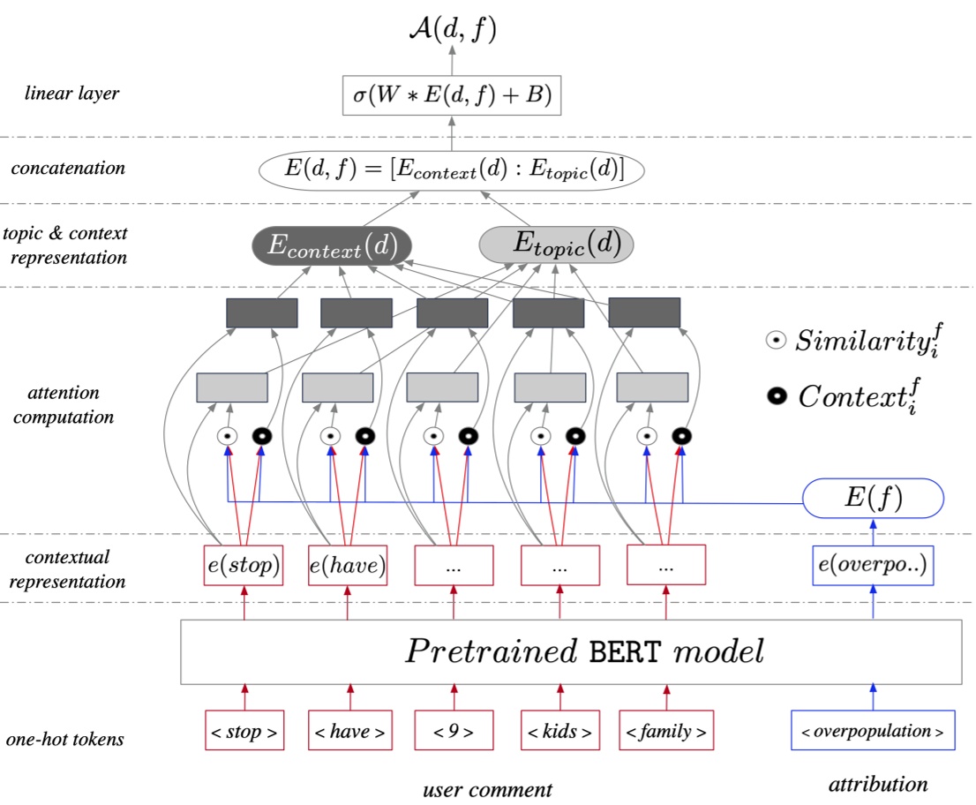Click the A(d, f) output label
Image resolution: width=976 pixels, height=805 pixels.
coord(453,28)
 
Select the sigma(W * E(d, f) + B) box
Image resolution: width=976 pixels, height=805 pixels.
coord(452,95)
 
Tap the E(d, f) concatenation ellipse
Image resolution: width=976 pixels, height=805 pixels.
coord(451,170)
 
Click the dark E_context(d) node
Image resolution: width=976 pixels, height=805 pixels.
coord(333,245)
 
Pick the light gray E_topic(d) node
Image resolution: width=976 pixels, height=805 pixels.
coord(556,244)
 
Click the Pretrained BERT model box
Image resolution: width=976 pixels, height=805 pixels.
coord(571,651)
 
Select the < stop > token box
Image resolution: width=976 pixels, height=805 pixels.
coord(244,730)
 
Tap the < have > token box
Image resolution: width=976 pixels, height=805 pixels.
coord(350,730)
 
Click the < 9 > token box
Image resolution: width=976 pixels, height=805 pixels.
coord(454,730)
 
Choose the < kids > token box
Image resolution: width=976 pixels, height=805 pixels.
coord(560,730)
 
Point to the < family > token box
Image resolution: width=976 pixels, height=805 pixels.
coord(666,730)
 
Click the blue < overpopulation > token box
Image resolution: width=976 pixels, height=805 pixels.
coord(873,730)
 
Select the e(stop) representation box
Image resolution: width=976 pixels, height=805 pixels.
coord(244,565)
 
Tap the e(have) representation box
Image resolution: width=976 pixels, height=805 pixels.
coord(348,565)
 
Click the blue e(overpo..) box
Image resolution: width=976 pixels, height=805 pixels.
coord(873,565)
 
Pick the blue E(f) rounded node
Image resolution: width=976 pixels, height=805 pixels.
coord(874,498)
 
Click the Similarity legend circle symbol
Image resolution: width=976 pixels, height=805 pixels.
coord(776,340)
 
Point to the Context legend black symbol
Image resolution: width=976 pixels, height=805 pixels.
coord(777,396)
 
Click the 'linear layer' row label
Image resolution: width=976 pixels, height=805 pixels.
coord(71,94)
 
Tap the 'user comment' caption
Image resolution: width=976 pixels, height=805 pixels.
coord(487,789)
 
